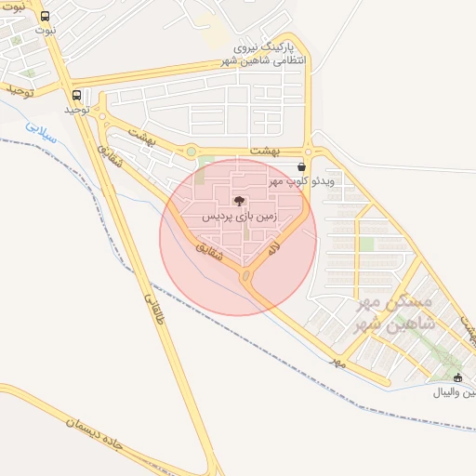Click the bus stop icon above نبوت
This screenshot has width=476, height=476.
(x=46, y=17)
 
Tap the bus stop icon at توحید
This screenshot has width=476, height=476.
(x=76, y=95)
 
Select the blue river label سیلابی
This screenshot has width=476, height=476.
(x=41, y=132)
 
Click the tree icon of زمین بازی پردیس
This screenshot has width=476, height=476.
(x=239, y=201)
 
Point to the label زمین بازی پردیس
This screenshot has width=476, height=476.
(x=239, y=216)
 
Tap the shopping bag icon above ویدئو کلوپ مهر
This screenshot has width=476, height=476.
(x=299, y=166)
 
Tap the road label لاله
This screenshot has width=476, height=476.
(x=272, y=249)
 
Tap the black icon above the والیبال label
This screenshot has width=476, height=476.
(x=457, y=377)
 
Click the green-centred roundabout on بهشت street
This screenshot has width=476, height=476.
(x=192, y=151)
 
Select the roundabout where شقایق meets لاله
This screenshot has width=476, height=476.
(x=247, y=275)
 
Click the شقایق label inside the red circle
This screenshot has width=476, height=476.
(x=211, y=252)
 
